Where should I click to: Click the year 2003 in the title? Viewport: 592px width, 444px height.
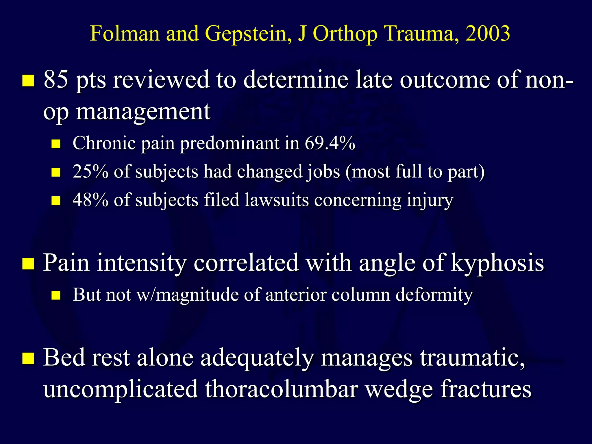pos(488,34)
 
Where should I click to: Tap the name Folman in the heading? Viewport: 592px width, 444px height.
pos(125,34)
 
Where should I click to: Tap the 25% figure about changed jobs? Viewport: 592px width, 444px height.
pos(90,171)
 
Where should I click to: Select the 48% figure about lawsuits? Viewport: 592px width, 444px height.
pos(90,200)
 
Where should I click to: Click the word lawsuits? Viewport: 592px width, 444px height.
pos(277,200)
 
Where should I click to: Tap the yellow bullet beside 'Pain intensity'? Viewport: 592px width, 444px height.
pos(28,263)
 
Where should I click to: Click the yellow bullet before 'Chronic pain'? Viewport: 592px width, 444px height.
pos(56,144)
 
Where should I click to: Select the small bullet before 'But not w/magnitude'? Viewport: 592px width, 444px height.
pos(56,295)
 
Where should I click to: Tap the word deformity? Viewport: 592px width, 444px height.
pos(434,295)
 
